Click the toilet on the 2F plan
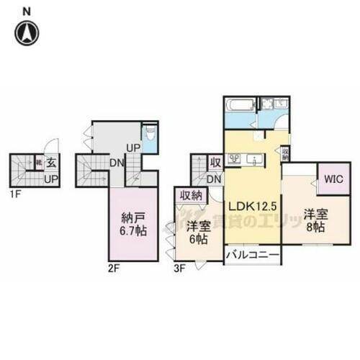(x=149, y=135)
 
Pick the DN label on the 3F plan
(x=213, y=179)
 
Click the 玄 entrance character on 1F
(x=53, y=163)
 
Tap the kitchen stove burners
(x=234, y=159)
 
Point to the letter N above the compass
(x=26, y=11)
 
